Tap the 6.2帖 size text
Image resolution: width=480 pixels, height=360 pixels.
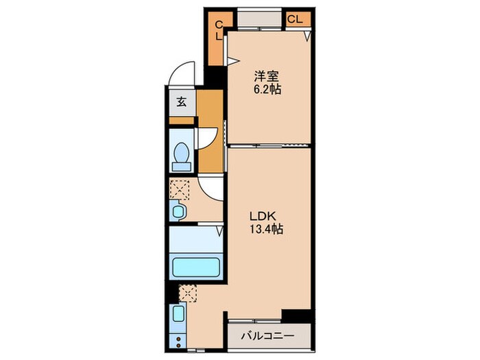pyautogui.click(x=265, y=90)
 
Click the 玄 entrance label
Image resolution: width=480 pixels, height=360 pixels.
pyautogui.click(x=182, y=102)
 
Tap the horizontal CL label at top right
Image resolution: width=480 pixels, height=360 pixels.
pyautogui.click(x=294, y=19)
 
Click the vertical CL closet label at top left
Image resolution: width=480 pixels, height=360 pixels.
pyautogui.click(x=218, y=31)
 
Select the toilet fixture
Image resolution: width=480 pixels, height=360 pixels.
pyautogui.click(x=182, y=156)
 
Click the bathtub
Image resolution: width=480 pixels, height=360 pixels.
pyautogui.click(x=196, y=267)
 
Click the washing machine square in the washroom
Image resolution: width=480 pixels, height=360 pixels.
pyautogui.click(x=180, y=189)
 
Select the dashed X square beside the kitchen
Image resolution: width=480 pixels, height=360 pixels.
pyautogui.click(x=188, y=293)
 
